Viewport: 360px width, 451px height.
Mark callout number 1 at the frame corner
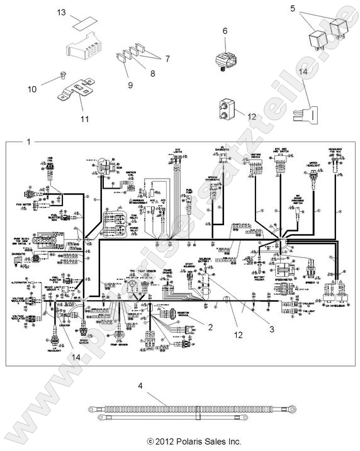click(x=27, y=141)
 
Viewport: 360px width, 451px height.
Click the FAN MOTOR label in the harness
click(x=29, y=204)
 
